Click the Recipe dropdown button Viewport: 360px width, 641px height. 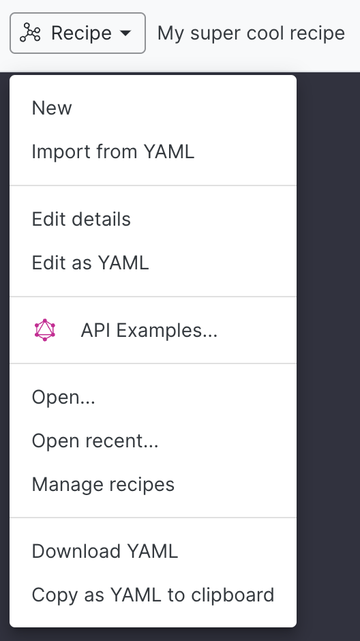78,33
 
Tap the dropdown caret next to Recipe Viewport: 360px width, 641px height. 126,33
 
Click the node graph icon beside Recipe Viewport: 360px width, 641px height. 30,33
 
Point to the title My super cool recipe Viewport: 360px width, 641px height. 251,33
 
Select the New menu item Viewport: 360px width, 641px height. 52,108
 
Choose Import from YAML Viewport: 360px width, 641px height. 112,151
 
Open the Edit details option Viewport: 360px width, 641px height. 81,219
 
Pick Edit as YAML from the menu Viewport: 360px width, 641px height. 90,263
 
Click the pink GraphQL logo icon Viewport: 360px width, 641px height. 45,330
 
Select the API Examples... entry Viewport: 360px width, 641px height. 149,330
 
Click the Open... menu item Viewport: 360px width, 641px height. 63,397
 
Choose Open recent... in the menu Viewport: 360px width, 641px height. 95,441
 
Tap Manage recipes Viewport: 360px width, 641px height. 103,484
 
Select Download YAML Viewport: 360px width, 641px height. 105,551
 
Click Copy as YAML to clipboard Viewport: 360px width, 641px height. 153,595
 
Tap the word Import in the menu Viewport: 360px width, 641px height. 61,151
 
